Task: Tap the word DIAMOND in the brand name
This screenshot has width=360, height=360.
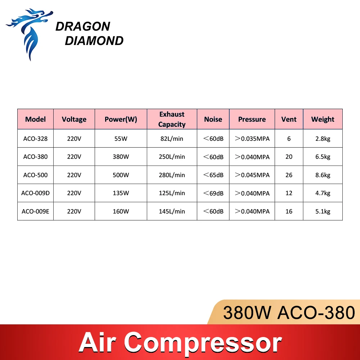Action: pos(94,41)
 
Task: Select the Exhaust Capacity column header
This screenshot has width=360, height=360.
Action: pos(172,119)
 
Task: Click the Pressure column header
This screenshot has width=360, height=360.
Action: pos(252,119)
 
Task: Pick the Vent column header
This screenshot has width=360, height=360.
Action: pos(289,119)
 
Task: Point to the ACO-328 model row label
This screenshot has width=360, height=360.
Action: pos(35,139)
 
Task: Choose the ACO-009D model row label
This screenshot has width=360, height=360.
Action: pos(35,193)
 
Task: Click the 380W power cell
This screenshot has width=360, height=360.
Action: pos(121,157)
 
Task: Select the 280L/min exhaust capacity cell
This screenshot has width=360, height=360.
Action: pos(172,175)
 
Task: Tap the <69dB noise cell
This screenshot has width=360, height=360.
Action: pos(213,193)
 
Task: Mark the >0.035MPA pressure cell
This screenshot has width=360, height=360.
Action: pos(252,139)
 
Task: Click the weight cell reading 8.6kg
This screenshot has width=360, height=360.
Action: pos(323,175)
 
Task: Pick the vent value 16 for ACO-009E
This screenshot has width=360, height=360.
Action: pos(289,211)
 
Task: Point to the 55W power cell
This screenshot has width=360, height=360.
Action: pos(121,139)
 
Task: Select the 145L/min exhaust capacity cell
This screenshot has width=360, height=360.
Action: pos(172,211)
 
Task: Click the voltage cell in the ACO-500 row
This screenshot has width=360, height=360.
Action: pos(74,175)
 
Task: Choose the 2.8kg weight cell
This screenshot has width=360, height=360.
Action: pos(323,139)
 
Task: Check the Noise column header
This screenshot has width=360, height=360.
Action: pos(213,119)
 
